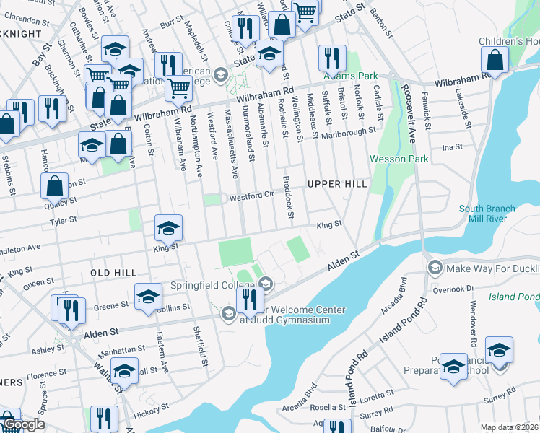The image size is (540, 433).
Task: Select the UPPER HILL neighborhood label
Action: pyautogui.click(x=337, y=184)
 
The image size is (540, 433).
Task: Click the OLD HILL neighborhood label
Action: pyautogui.click(x=113, y=272)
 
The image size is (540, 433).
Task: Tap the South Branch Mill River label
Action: pyautogui.click(x=487, y=214)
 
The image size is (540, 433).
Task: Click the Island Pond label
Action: pyautogui.click(x=514, y=297)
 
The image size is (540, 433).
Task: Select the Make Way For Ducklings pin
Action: pyautogui.click(x=435, y=268)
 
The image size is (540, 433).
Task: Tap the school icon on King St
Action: pyautogui.click(x=167, y=229)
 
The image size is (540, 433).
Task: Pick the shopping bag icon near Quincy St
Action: pyautogui.click(x=55, y=187)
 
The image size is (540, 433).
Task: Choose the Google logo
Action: pyautogui.click(x=23, y=425)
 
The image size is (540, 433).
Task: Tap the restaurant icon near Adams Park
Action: pyautogui.click(x=331, y=58)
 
